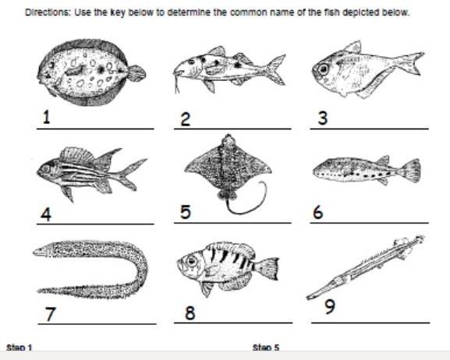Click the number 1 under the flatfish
pyautogui.click(x=47, y=118)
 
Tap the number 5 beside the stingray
pyautogui.click(x=186, y=212)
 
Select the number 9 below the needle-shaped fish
pyautogui.click(x=330, y=306)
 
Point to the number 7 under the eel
pyautogui.click(x=50, y=314)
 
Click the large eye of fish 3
pyautogui.click(x=324, y=69)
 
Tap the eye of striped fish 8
pyautogui.click(x=191, y=261)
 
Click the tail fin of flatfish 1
pyautogui.click(x=136, y=73)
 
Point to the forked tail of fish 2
pyautogui.click(x=276, y=69)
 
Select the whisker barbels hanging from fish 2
pyautogui.click(x=177, y=83)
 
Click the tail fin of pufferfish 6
pyautogui.click(x=411, y=171)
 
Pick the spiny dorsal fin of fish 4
pyautogui.click(x=77, y=155)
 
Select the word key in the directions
pyautogui.click(x=118, y=13)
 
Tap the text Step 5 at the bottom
pyautogui.click(x=265, y=348)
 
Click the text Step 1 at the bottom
pyautogui.click(x=19, y=348)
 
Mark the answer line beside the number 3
pyautogui.click(x=370, y=129)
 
